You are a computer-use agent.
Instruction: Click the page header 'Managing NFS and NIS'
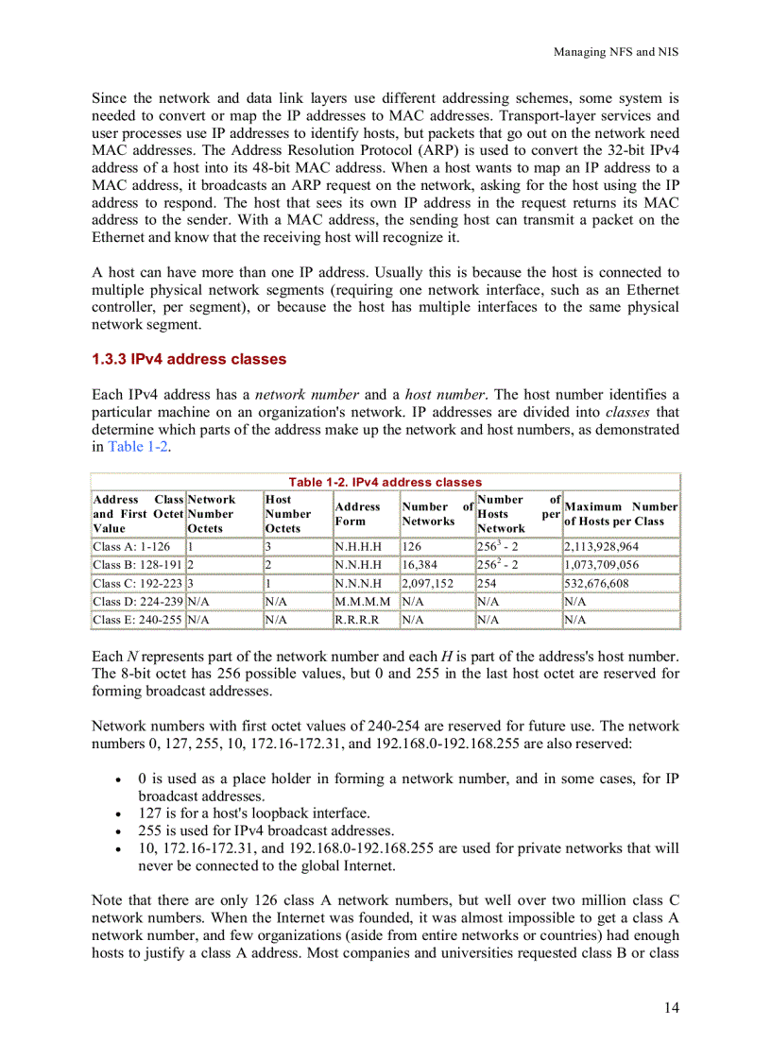(x=615, y=52)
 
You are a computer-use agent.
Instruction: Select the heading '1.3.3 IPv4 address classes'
(x=188, y=359)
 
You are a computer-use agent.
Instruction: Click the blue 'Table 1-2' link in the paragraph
(x=138, y=446)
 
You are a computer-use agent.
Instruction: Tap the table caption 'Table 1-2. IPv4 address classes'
(x=385, y=482)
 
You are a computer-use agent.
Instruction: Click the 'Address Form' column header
(x=358, y=513)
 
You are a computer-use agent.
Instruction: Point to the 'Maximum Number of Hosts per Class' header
(x=620, y=513)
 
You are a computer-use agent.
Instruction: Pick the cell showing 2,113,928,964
(x=601, y=547)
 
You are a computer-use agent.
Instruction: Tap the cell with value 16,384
(x=420, y=565)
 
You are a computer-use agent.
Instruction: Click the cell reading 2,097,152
(x=427, y=584)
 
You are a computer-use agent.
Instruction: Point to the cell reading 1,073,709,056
(x=601, y=565)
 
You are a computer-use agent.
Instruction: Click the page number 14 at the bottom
(x=670, y=1007)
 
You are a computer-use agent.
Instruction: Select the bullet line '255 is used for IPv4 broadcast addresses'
(x=272, y=830)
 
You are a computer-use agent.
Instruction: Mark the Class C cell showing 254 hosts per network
(x=488, y=584)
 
